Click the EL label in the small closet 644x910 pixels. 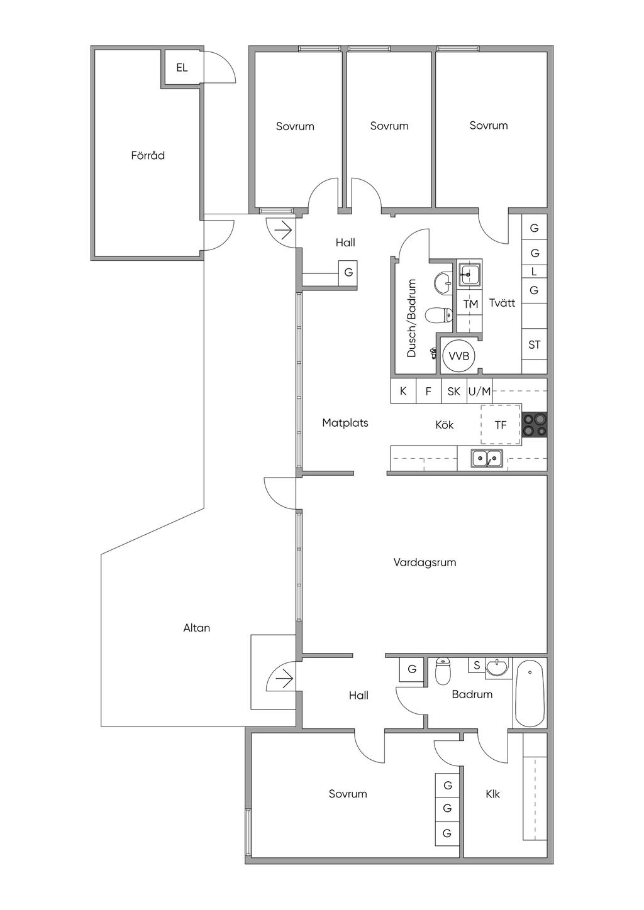coord(182,67)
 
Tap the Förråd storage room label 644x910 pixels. coord(148,155)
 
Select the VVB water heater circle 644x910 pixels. coord(458,356)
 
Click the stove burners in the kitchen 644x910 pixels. coord(534,425)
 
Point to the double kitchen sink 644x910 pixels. coord(487,458)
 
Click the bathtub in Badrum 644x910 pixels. coord(530,694)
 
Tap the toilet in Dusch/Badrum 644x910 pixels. coord(438,315)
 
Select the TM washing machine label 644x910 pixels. coord(470,304)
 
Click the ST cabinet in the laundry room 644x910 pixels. coord(534,344)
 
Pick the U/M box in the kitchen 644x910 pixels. coord(480,392)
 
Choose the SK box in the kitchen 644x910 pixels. coord(453,392)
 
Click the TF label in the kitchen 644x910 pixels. coord(501,425)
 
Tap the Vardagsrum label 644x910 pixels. coord(425,562)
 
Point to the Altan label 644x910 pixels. coord(196,628)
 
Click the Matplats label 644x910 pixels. coord(345,423)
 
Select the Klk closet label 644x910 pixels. coord(493,793)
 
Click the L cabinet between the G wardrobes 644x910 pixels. coord(534,271)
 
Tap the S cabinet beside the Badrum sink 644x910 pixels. coord(477,665)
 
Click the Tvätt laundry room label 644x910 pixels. coord(502,303)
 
